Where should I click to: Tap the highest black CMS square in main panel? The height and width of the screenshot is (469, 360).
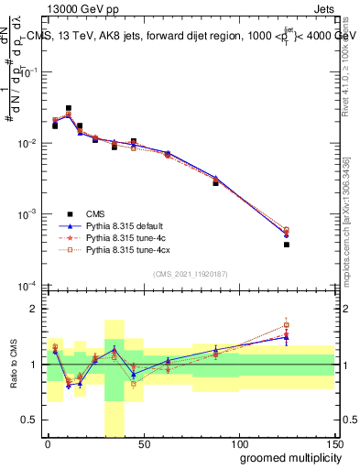[69, 108]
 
